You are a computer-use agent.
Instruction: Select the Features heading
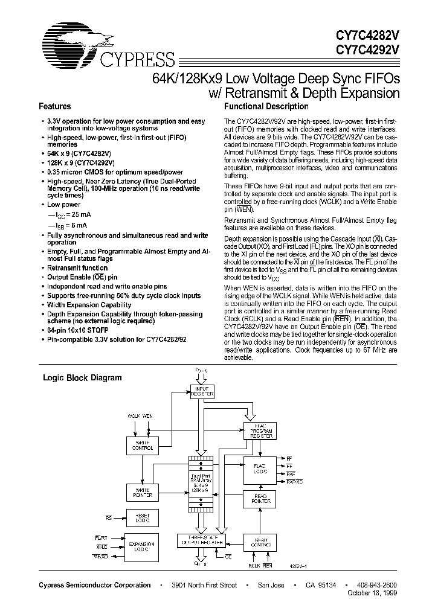point(55,106)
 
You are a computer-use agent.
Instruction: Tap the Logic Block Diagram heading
point(82,378)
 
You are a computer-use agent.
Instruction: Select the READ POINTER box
point(260,499)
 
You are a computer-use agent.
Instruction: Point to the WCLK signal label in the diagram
point(134,417)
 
